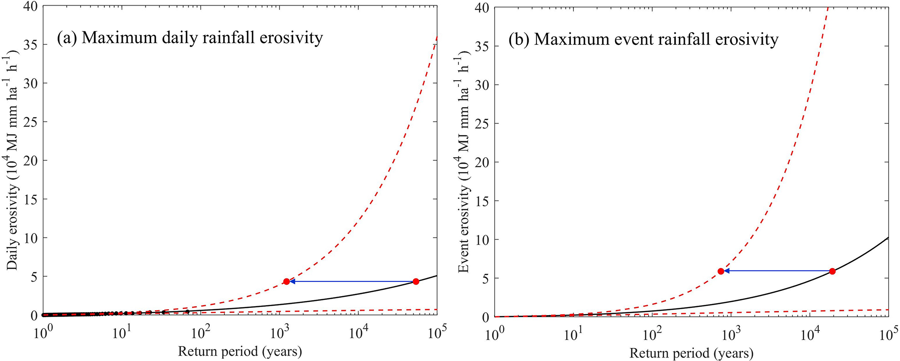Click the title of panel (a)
pos(190,38)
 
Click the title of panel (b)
pos(643,39)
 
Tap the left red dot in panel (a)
pos(286,281)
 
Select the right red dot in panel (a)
pos(416,281)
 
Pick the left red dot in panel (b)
pos(721,271)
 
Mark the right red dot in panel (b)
pos(832,271)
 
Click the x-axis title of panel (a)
pos(240,351)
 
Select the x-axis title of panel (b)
pos(691,352)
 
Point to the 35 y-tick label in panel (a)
pos(30,45)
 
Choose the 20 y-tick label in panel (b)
pos(483,162)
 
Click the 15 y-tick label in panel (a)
pos(30,199)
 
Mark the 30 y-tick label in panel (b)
pos(483,84)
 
